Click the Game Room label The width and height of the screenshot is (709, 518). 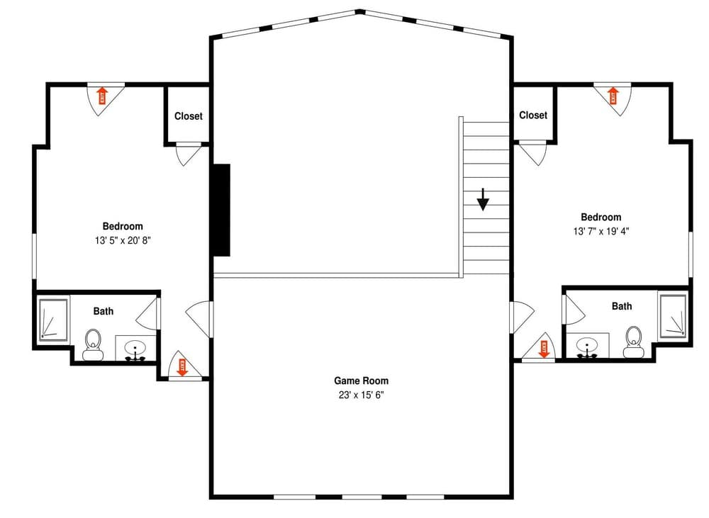[361, 381]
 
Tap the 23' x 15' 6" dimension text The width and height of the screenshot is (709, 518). [361, 395]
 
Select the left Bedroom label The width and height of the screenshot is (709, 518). [123, 226]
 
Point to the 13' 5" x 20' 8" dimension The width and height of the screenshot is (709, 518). [123, 240]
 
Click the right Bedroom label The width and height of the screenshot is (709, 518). [601, 218]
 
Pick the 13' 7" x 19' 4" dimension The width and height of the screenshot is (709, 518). [601, 231]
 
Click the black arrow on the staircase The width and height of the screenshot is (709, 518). [483, 200]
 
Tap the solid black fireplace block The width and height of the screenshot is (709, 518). [221, 210]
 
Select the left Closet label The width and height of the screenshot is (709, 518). [188, 116]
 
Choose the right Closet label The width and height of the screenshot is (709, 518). [533, 115]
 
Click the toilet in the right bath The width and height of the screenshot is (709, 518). [633, 342]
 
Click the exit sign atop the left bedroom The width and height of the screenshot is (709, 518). [101, 95]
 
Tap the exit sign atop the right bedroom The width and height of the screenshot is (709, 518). [613, 95]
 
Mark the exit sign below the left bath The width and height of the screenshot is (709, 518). [182, 366]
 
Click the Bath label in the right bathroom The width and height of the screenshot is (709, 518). [622, 306]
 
